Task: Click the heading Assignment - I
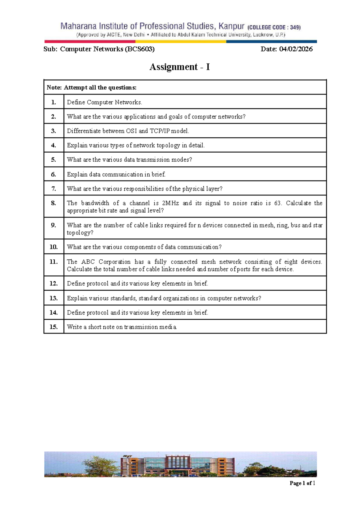(179, 67)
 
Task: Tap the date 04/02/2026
(296, 49)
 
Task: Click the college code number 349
(295, 27)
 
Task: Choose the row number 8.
(53, 203)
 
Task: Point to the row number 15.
(53, 327)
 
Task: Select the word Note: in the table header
(54, 88)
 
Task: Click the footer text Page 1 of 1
(302, 483)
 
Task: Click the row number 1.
(53, 102)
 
